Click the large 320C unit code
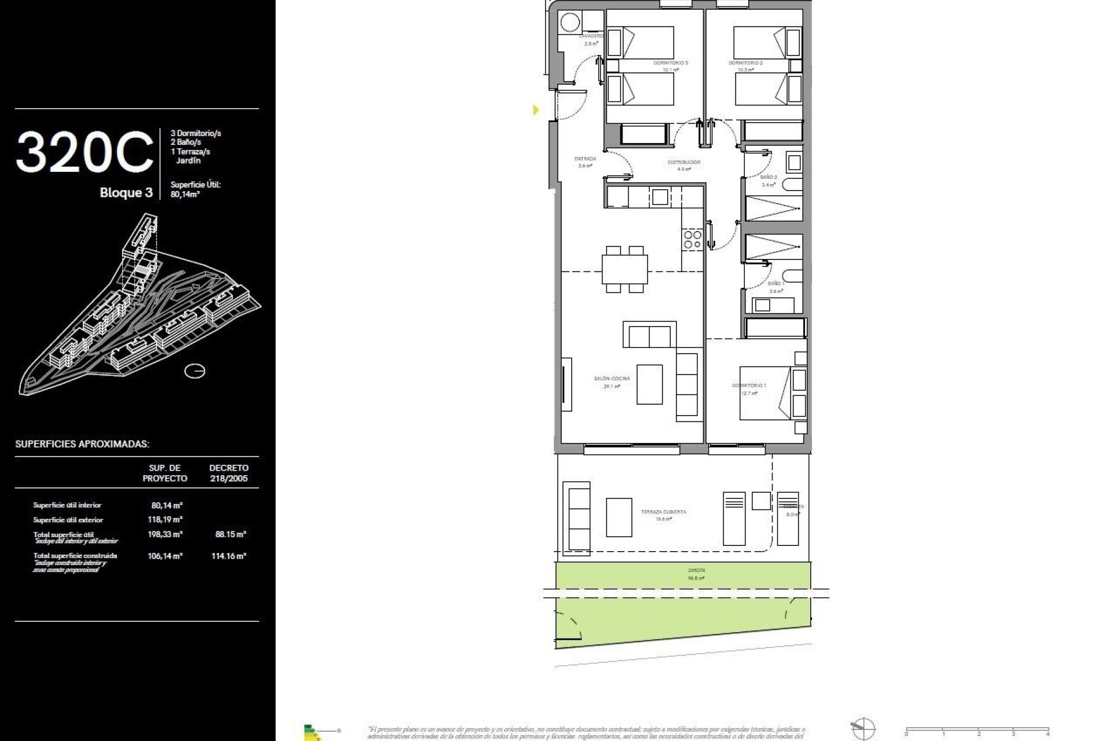click(x=85, y=152)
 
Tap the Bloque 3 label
click(x=126, y=193)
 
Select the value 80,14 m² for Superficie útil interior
click(x=167, y=505)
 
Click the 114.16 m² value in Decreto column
click(x=230, y=556)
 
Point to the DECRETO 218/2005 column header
click(x=229, y=473)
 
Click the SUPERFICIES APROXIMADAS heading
click(x=82, y=445)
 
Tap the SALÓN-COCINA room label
click(x=612, y=379)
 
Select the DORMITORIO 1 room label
click(x=748, y=386)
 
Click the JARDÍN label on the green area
click(x=696, y=571)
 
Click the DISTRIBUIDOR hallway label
click(x=684, y=163)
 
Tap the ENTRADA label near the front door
click(x=585, y=159)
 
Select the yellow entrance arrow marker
click(x=536, y=109)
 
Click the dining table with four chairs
click(x=624, y=269)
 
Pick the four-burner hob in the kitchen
click(x=692, y=240)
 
